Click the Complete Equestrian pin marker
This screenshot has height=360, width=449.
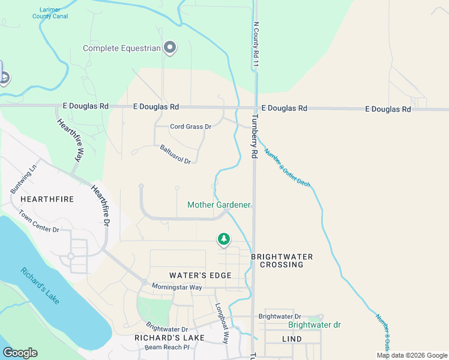click(169, 47)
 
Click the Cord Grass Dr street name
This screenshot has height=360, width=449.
click(191, 127)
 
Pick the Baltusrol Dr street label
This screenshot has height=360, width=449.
click(175, 154)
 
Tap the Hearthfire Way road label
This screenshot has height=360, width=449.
click(70, 140)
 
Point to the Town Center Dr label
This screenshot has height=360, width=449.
click(39, 221)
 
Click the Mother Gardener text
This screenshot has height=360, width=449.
click(218, 205)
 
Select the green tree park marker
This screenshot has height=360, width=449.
click(224, 239)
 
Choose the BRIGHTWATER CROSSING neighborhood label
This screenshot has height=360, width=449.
click(282, 260)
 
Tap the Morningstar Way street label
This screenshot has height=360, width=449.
click(176, 287)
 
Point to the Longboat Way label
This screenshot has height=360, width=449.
click(222, 322)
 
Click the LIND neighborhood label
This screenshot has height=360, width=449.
click(291, 339)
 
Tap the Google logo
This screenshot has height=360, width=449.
click(20, 353)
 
